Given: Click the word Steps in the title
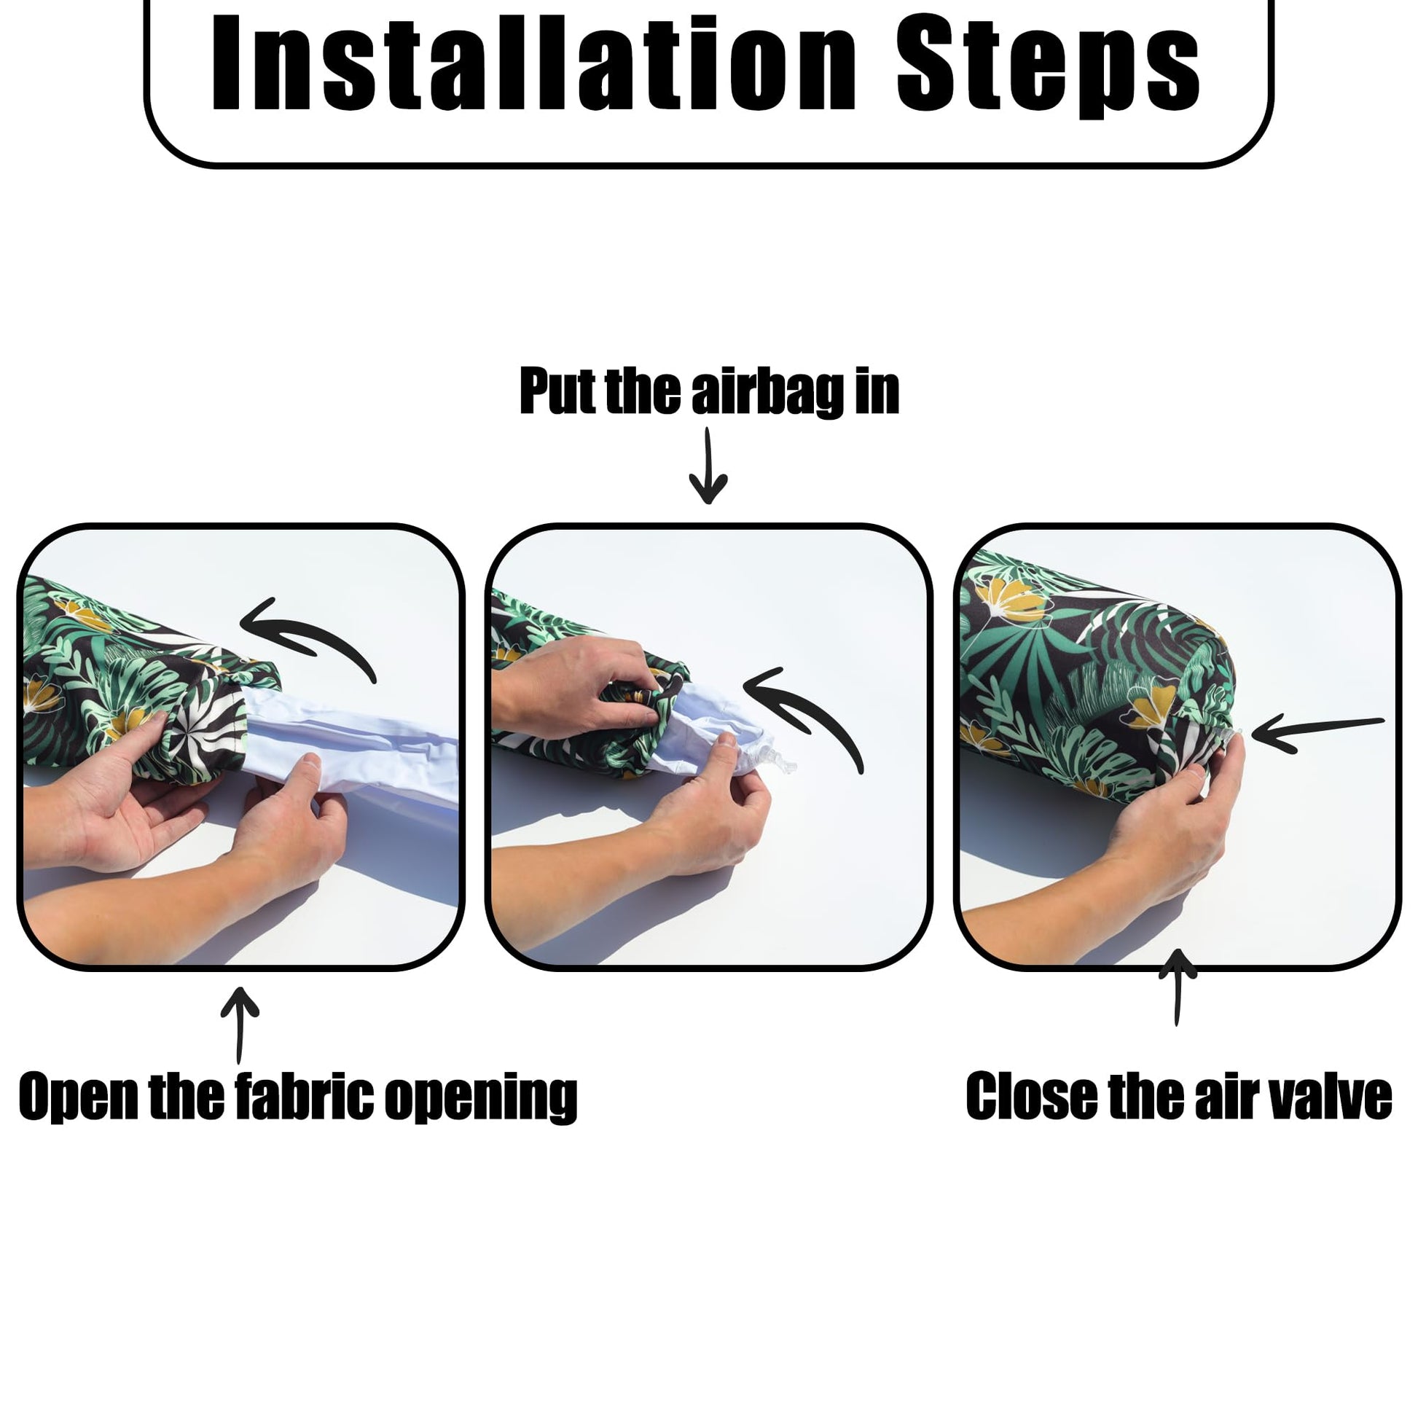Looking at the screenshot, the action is (x=1048, y=68).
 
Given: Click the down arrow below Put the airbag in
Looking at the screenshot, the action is (x=708, y=466).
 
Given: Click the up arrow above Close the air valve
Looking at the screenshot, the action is (x=1178, y=987).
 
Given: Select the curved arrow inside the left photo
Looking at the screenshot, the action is (x=316, y=629).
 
